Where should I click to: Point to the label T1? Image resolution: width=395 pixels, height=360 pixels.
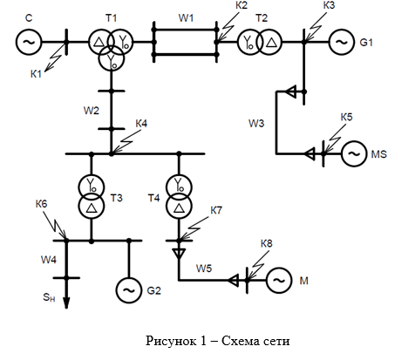pyautogui.click(x=111, y=18)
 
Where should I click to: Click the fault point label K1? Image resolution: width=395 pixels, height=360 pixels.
pyautogui.click(x=36, y=74)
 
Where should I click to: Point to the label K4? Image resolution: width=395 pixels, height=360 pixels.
pyautogui.click(x=141, y=124)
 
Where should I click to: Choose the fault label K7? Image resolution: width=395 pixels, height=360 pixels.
pyautogui.click(x=216, y=210)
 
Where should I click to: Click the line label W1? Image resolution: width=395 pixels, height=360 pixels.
pyautogui.click(x=186, y=18)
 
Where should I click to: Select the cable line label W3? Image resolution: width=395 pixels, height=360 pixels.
pyautogui.click(x=256, y=123)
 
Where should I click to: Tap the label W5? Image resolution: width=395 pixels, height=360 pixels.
pyautogui.click(x=204, y=268)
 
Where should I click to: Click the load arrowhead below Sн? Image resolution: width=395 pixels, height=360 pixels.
pyautogui.click(x=66, y=302)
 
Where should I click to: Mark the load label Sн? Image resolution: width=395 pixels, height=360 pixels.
pyautogui.click(x=49, y=297)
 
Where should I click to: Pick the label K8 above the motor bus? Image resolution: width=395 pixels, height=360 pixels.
pyautogui.click(x=266, y=243)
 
